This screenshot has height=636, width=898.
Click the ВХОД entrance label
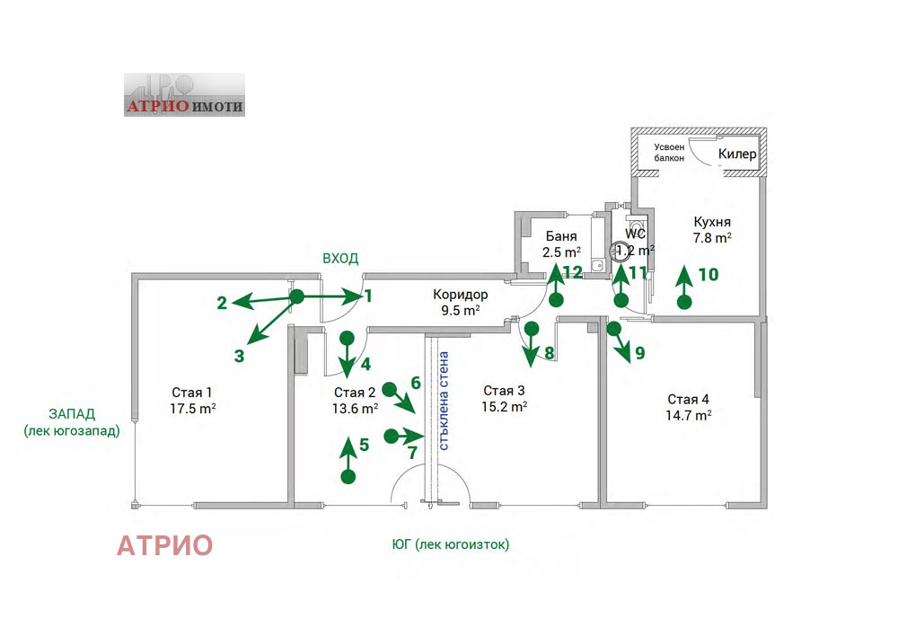pos(340,258)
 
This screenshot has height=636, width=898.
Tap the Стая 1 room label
pos(192,393)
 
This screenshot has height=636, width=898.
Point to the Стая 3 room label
pos(504,390)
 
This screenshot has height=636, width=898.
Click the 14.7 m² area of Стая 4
pos(689,415)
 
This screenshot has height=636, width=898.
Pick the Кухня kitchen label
pos(712,222)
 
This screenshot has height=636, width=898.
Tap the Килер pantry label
pos(737,155)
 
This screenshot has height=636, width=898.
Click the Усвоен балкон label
pos(669,152)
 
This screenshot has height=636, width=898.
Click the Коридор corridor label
pos(460,294)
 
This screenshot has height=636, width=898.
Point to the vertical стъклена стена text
pos(445,400)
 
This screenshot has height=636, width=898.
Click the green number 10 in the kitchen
pos(709,275)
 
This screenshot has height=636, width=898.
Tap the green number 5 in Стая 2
pos(364,444)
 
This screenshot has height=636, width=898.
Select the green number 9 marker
pos(639,353)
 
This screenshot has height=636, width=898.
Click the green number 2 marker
pos(222,303)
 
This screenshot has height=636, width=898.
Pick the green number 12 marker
pos(573,270)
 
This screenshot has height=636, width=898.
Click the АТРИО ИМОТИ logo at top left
pos(184,95)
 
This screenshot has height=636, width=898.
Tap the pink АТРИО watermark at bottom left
pos(165,545)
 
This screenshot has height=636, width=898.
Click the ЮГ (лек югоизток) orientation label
pos(450,544)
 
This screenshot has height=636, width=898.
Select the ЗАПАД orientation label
pos(72,414)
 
